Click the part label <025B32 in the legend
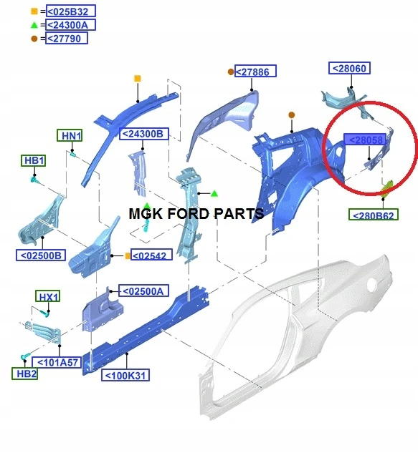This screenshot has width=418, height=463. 71,11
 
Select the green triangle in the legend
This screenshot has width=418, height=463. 34,25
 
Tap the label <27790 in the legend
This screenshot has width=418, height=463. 67,38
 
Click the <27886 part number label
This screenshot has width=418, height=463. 255,71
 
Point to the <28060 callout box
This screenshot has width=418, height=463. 349,68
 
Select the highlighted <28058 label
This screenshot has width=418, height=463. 365,139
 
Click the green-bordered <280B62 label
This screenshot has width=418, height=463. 374,215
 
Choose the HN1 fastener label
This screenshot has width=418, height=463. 70,135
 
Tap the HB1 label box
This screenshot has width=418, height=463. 34,160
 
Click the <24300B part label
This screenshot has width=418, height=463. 144,134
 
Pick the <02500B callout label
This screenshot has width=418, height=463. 41,255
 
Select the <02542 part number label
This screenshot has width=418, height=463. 151,255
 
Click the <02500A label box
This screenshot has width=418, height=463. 144,291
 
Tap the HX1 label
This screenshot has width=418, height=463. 47,296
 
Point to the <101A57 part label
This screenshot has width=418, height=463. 57,362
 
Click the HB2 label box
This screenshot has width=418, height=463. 25,374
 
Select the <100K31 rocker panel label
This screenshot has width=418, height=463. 125,375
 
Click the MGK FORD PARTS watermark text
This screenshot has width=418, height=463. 196,213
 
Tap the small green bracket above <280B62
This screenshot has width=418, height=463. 388,188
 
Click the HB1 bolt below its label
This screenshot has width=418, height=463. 34,179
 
